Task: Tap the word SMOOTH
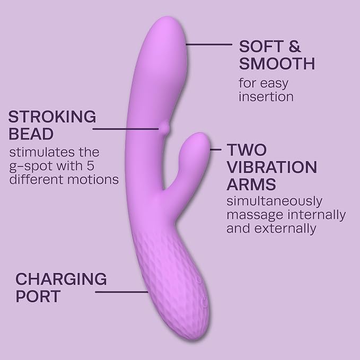click(277, 64)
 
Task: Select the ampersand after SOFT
click(295, 47)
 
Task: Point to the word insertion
click(266, 96)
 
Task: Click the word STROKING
click(52, 117)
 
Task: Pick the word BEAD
click(31, 134)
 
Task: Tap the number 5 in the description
click(91, 165)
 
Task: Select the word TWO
click(247, 150)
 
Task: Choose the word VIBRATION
click(272, 167)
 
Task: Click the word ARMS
click(251, 184)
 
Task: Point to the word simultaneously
click(274, 202)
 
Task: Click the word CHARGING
click(61, 279)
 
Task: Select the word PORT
click(38, 296)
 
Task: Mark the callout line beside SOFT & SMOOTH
click(209, 45)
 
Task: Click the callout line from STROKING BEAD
click(126, 129)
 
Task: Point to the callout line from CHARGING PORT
click(121, 292)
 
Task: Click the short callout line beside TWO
click(216, 150)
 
